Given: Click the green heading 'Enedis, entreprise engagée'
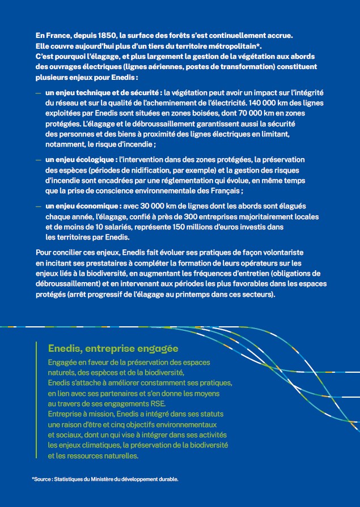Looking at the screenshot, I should point(113,348).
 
